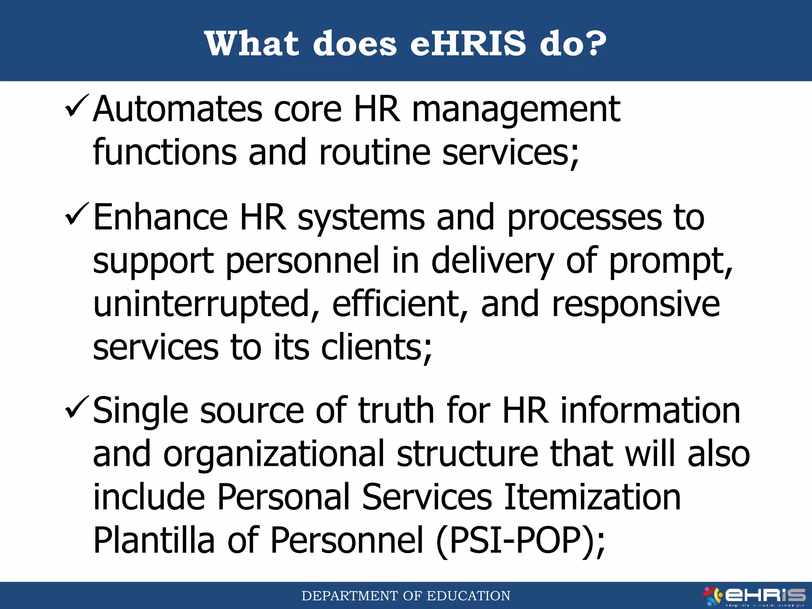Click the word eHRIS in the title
[x=468, y=43]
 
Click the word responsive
[x=636, y=304]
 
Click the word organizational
[x=274, y=454]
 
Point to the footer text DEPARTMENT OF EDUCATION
[x=406, y=596]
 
